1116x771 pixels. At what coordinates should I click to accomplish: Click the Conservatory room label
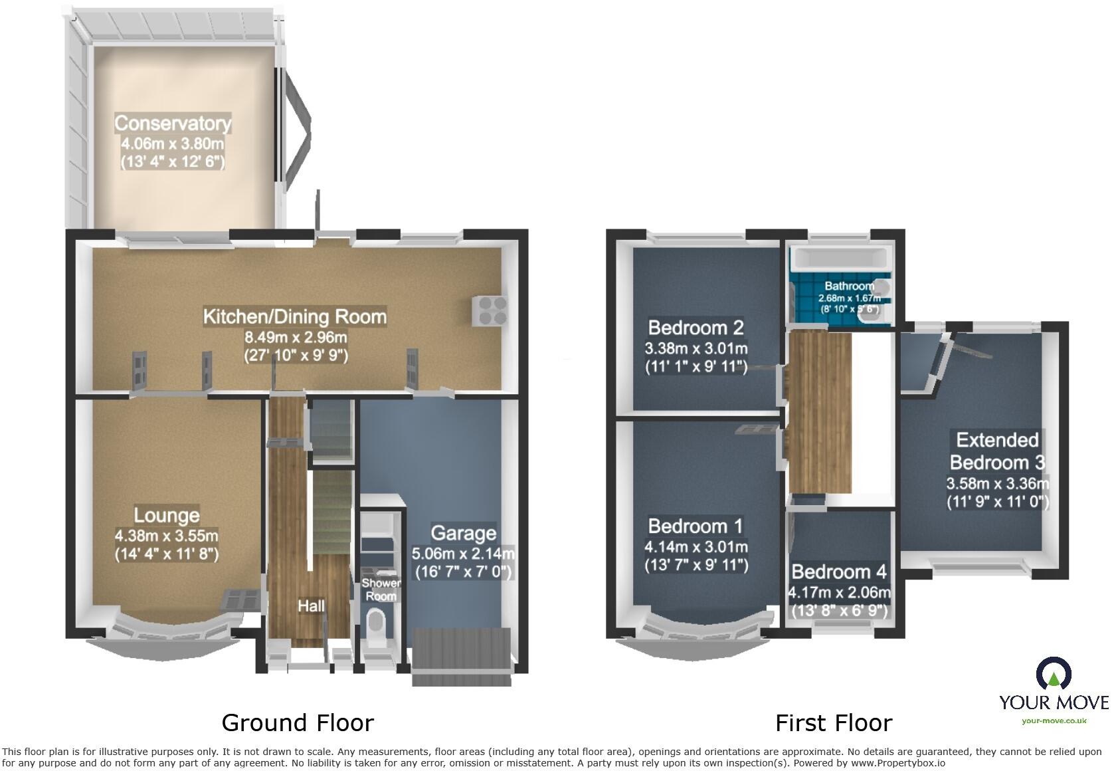pos(173,124)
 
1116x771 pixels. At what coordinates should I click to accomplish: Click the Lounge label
pos(166,515)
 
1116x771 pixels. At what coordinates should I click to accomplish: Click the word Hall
pos(311,606)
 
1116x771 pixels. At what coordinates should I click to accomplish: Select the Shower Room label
pos(381,590)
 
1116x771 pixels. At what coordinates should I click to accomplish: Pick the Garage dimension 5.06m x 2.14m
pos(463,554)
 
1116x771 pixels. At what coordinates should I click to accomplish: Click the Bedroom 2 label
pos(696,328)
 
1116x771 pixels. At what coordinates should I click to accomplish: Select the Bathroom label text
pos(849,286)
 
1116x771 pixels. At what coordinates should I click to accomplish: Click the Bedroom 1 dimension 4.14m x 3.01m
pos(696,547)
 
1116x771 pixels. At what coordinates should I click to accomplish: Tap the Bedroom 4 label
pos(838,572)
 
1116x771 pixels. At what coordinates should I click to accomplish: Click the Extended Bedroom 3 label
pos(997,451)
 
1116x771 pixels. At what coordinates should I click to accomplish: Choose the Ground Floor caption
pos(297,722)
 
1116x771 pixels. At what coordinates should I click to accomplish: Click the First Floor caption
pos(833,722)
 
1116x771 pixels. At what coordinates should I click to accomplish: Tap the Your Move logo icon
pos(1054,674)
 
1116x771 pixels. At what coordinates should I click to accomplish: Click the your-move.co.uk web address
pos(1054,720)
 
